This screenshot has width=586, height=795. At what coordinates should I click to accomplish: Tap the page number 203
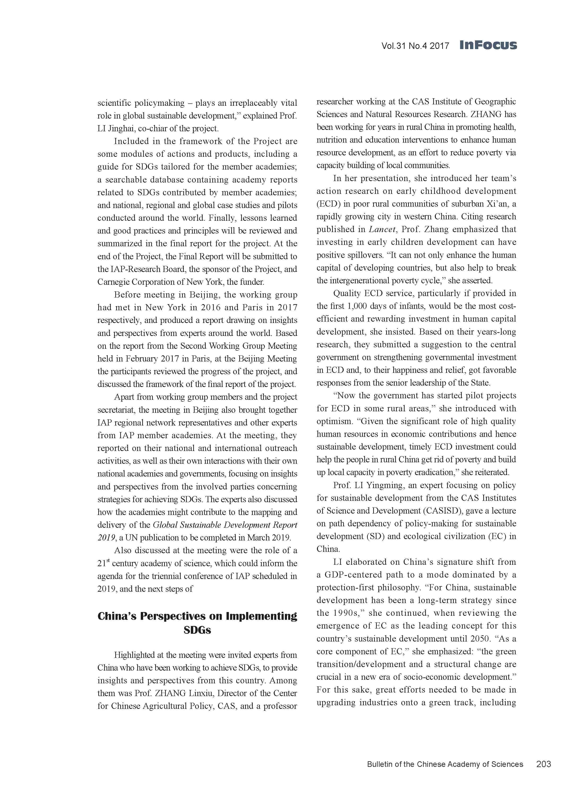coord(543,764)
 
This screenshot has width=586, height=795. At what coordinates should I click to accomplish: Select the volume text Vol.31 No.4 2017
coord(415,46)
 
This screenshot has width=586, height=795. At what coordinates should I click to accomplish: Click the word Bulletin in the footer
coord(379,764)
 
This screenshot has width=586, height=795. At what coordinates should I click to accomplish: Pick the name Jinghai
coord(121,128)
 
